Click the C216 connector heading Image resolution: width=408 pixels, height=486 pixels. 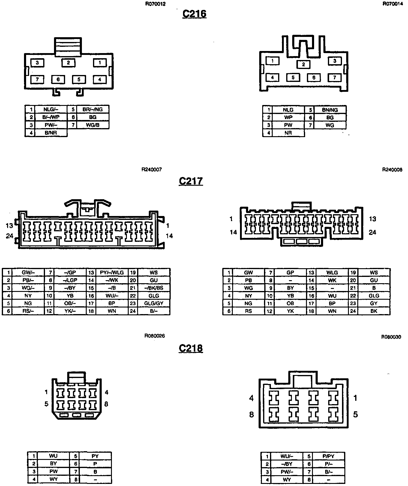click(x=194, y=14)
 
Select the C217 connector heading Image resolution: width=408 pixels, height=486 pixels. click(x=191, y=181)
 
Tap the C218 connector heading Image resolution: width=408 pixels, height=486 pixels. click(x=191, y=348)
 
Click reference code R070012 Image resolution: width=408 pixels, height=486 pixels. click(x=155, y=4)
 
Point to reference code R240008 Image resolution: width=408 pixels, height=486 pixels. click(x=392, y=170)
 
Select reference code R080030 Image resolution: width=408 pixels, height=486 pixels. click(x=391, y=337)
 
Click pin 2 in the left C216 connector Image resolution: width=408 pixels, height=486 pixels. click(x=68, y=63)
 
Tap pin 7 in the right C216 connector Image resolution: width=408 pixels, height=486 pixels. click(x=334, y=77)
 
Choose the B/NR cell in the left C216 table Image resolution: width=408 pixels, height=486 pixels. click(x=51, y=133)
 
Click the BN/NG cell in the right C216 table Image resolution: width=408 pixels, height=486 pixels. click(x=330, y=110)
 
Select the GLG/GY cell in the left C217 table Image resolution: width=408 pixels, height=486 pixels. click(x=154, y=303)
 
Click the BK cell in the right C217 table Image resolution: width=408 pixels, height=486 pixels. click(x=374, y=311)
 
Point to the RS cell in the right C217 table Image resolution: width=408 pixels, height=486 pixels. click(x=248, y=311)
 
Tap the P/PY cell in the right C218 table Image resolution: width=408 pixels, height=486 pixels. click(x=328, y=456)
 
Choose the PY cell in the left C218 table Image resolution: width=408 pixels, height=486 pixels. click(x=95, y=456)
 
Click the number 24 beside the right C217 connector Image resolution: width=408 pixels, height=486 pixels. click(x=372, y=232)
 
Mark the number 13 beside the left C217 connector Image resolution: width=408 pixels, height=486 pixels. click(x=9, y=225)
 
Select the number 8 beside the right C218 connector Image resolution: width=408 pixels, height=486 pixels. click(x=251, y=414)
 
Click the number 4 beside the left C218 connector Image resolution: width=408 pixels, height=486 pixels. click(x=106, y=392)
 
